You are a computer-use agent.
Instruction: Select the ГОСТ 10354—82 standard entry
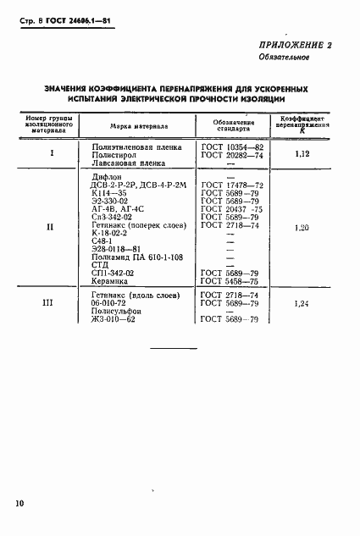(232, 146)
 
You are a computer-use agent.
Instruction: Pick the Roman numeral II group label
(49, 227)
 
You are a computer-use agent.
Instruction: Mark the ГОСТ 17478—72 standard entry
(232, 184)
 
